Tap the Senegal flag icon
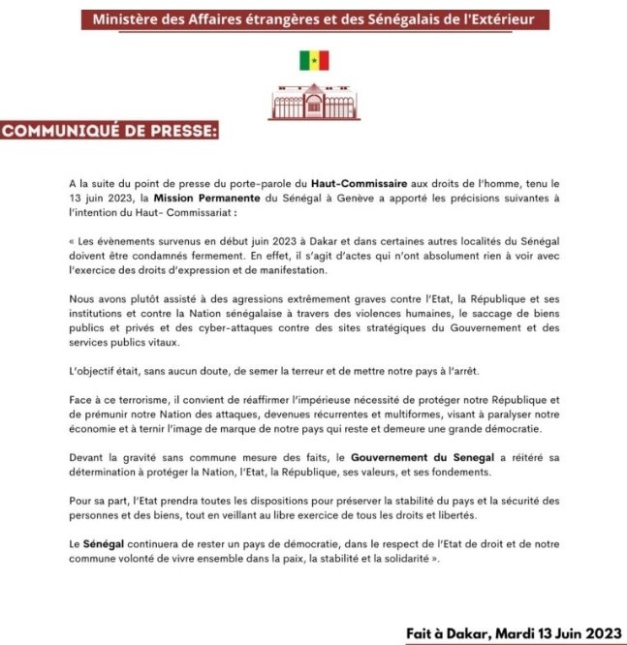pyautogui.click(x=313, y=61)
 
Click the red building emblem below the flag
pyautogui.click(x=313, y=100)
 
